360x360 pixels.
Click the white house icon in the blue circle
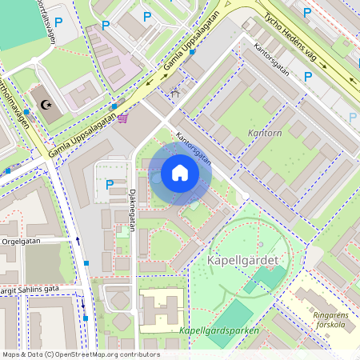[x=180, y=173]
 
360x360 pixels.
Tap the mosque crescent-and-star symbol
[x=45, y=104]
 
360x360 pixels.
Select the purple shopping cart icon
[x=122, y=118]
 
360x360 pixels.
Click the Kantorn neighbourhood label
[x=265, y=134]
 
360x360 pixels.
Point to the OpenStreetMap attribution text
[x=80, y=354]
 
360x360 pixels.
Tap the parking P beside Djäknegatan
[x=110, y=184]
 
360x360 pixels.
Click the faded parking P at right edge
[x=353, y=116]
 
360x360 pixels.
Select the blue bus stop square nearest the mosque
[x=26, y=111]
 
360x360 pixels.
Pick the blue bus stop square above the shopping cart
[x=114, y=105]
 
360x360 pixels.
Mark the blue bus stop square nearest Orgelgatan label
[x=86, y=263]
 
